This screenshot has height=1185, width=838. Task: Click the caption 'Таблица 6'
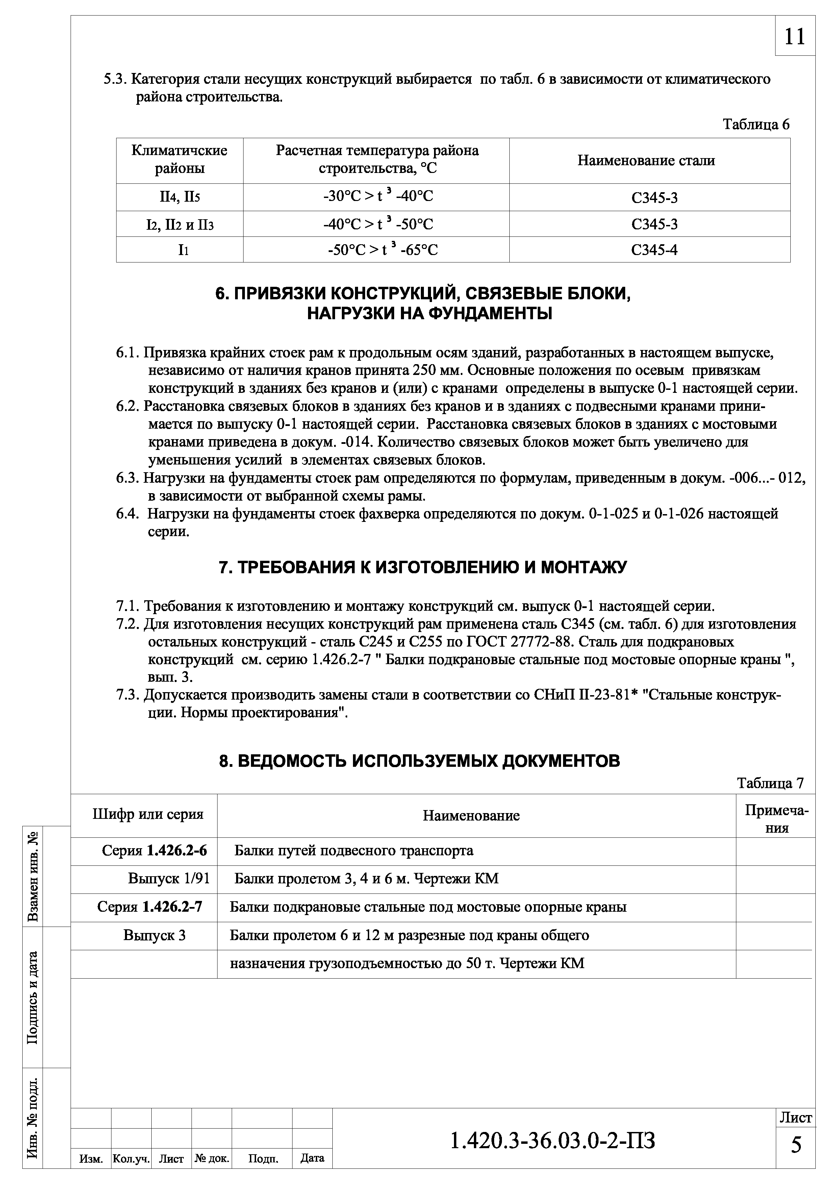click(x=756, y=124)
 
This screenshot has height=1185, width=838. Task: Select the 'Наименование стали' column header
click(x=646, y=160)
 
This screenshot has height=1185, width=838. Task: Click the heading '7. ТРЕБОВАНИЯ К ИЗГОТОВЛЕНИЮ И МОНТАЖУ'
click(x=423, y=567)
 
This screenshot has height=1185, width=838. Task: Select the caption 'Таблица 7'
click(x=770, y=783)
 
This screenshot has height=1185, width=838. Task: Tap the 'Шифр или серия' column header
click(x=148, y=814)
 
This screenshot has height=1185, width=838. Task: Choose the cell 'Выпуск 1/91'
click(x=169, y=878)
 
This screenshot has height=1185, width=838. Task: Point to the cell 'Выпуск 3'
click(x=154, y=935)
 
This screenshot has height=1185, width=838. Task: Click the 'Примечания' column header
click(x=776, y=819)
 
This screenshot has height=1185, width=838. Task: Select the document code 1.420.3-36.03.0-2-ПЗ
click(x=553, y=1141)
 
